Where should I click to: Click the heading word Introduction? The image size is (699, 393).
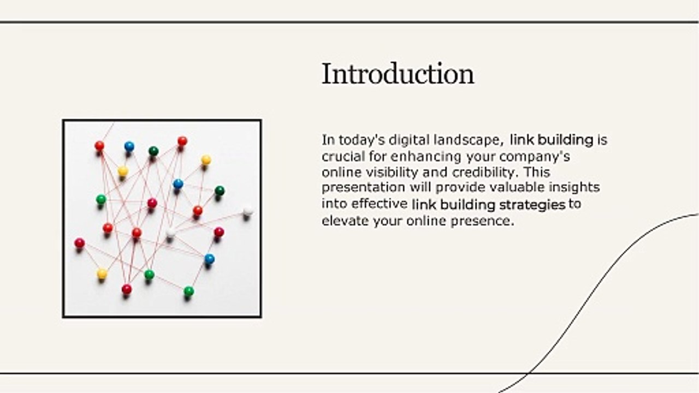tap(398, 74)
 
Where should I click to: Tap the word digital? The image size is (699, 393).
tap(406, 140)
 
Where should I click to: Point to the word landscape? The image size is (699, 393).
tap(468, 140)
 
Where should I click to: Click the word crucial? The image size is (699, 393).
tap(341, 157)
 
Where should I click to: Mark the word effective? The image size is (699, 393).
tap(380, 205)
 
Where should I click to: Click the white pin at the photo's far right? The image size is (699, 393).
tap(248, 209)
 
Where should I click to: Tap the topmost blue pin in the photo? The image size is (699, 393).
tap(129, 146)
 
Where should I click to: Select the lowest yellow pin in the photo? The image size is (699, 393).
tap(102, 273)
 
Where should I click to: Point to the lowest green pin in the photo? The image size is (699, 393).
tap(188, 291)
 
